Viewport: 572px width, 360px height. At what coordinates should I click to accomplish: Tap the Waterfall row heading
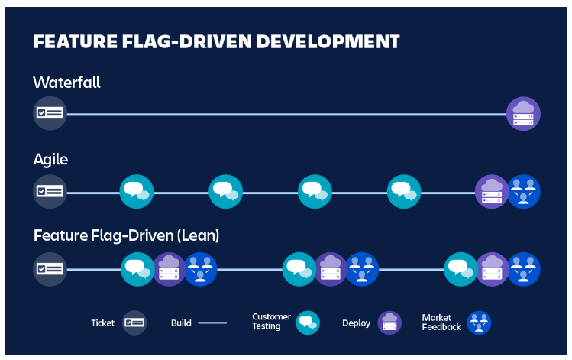[66, 82]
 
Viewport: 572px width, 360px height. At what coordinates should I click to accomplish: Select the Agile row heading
[51, 159]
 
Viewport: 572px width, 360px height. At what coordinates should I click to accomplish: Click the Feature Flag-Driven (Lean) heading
[126, 235]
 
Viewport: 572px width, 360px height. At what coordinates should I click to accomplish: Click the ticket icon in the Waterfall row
[50, 114]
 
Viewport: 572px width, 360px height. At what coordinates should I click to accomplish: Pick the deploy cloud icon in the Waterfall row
[524, 114]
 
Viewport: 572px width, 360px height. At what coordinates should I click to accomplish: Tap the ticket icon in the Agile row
[50, 191]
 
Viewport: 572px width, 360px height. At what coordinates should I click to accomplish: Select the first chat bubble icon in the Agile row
[137, 191]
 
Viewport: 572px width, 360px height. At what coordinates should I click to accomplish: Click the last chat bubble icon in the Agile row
[404, 191]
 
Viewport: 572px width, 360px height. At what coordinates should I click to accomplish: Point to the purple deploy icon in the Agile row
[491, 191]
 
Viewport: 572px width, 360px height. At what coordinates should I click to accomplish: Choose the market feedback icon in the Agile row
[524, 191]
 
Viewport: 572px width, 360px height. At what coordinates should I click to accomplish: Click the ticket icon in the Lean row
[50, 268]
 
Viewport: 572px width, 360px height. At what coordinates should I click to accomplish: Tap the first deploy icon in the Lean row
[170, 268]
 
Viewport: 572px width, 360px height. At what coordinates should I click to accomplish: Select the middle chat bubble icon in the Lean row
[299, 268]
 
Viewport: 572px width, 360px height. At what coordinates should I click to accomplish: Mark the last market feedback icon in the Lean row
[524, 268]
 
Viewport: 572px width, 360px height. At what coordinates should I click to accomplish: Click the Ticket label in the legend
[102, 323]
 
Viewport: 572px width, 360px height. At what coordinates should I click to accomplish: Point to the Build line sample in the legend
[212, 323]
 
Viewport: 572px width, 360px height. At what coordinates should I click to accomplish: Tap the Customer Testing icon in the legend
[308, 323]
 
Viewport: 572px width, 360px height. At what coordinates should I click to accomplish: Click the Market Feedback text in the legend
[441, 323]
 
